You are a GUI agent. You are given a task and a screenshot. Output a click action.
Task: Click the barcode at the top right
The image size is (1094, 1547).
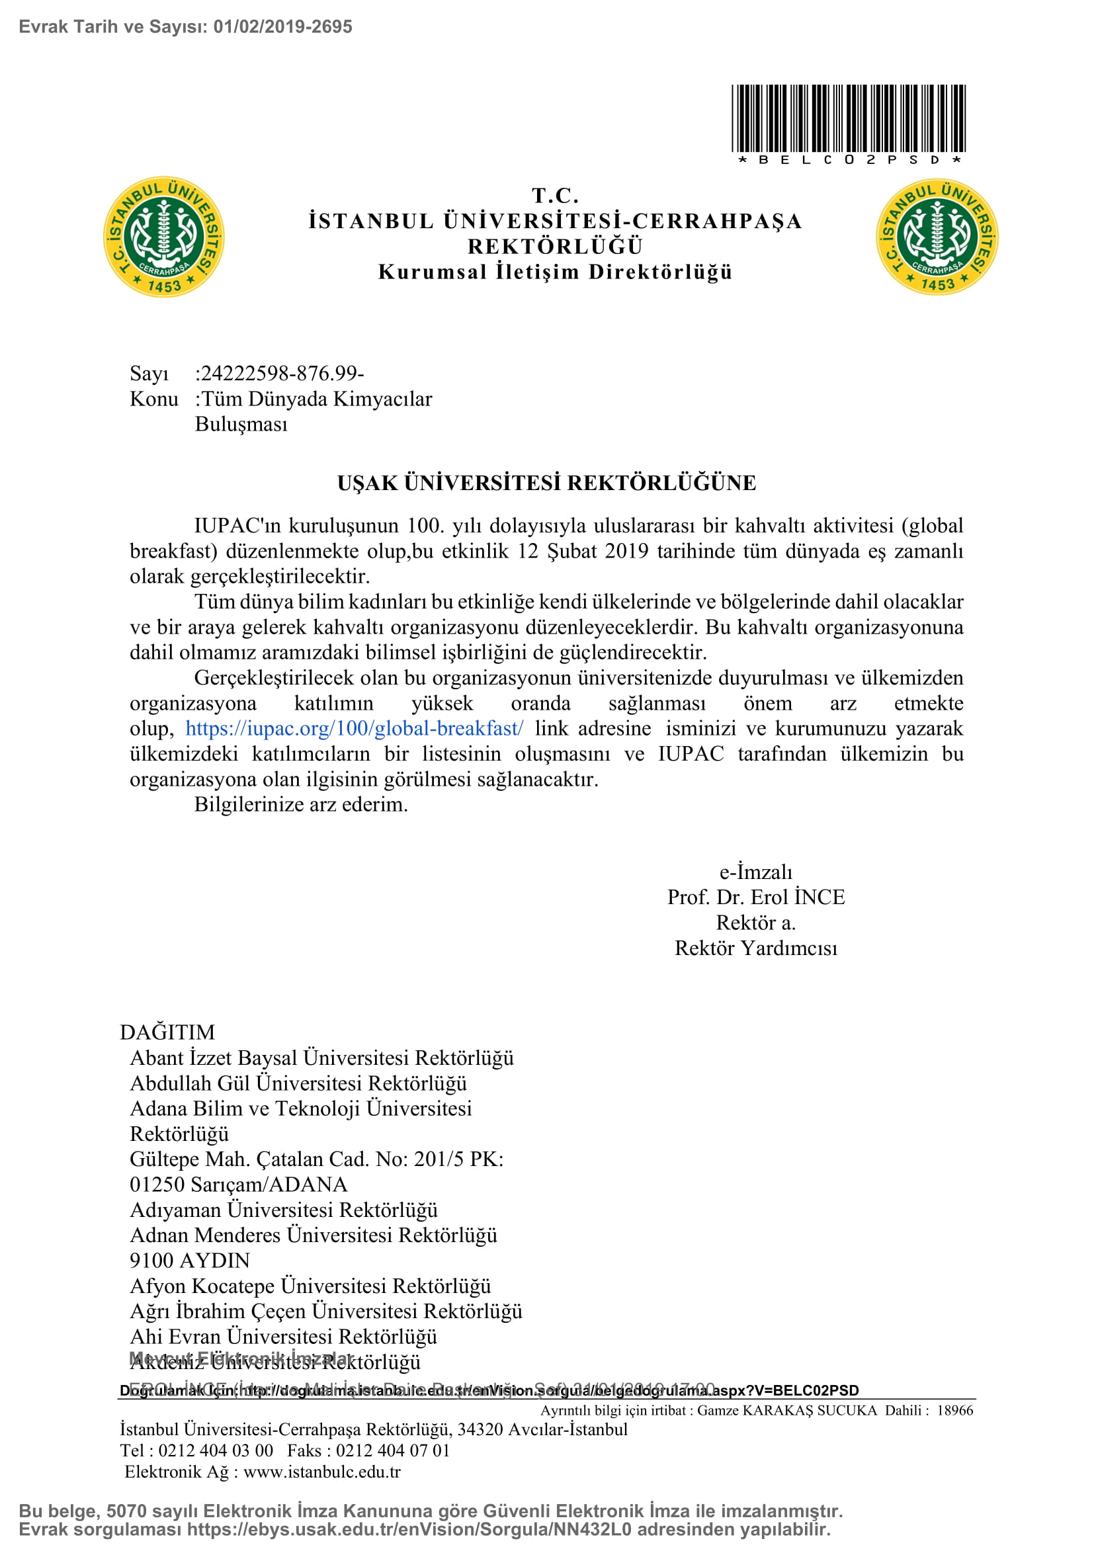click(848, 118)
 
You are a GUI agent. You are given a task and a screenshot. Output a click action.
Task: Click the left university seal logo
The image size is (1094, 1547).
click(163, 237)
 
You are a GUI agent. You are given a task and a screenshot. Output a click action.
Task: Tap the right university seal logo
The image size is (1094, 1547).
click(937, 237)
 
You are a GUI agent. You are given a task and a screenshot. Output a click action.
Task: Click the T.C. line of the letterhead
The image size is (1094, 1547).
click(555, 196)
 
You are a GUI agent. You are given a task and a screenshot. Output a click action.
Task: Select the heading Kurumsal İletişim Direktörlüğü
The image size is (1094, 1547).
click(555, 272)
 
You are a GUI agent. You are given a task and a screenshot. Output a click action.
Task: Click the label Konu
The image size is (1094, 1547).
click(153, 399)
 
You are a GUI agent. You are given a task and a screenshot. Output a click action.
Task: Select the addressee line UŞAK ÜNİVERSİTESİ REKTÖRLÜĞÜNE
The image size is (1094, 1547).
click(546, 483)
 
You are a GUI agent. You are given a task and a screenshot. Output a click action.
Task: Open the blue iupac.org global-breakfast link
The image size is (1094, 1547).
click(355, 728)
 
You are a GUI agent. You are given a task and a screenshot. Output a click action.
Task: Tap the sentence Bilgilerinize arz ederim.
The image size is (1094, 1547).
click(301, 804)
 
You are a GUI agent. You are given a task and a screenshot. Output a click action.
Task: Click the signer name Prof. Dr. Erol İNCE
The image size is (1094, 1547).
click(756, 898)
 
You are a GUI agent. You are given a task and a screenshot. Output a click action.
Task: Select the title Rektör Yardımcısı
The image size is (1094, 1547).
click(756, 948)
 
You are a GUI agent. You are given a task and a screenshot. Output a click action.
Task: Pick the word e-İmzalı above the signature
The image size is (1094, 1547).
click(756, 872)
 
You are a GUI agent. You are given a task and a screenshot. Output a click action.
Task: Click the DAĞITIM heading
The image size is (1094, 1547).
click(167, 1032)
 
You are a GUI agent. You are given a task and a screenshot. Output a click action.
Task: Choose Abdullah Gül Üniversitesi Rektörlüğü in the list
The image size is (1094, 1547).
click(298, 1083)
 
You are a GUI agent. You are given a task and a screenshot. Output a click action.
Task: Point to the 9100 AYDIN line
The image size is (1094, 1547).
click(190, 1261)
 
